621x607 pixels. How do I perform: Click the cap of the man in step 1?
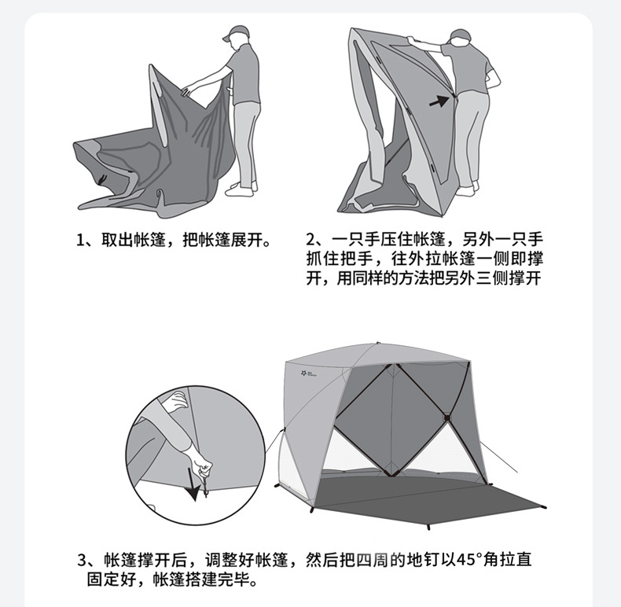236,31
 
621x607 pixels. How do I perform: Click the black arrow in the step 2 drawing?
439,101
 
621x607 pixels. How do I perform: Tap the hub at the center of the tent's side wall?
447,418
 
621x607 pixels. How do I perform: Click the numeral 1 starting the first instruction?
80,240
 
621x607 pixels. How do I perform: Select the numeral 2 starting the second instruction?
310,240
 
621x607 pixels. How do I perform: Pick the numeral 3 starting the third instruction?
82,561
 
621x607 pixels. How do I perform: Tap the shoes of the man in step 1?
241,189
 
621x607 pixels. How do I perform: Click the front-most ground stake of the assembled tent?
428,528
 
